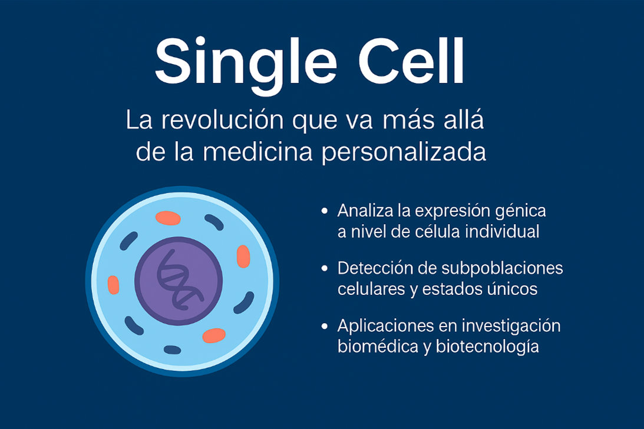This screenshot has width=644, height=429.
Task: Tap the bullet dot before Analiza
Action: (324, 210)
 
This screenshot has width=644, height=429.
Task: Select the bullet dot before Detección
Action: (324, 268)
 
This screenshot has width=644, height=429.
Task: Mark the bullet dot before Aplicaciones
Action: (324, 325)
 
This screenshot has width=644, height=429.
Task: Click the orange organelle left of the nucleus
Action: (113, 285)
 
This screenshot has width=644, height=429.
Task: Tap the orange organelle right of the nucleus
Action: (243, 256)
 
